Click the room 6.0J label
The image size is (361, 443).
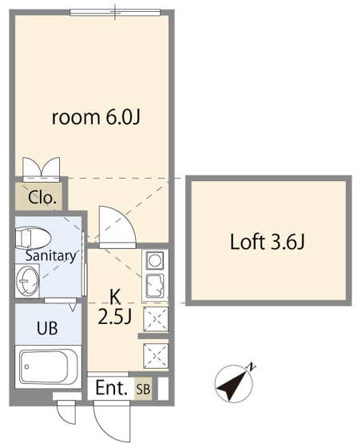[x=96, y=117]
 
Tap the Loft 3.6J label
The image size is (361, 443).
[x=267, y=242]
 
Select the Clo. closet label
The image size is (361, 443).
[x=42, y=197]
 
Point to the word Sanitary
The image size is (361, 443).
[x=51, y=256]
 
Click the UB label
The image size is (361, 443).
[x=47, y=328]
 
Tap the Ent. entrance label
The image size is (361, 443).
[x=112, y=388]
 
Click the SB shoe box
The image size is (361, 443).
[x=143, y=389]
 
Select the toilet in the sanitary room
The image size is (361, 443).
[x=33, y=239]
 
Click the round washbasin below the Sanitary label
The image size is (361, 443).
[x=27, y=281]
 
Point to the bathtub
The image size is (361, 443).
[x=49, y=366]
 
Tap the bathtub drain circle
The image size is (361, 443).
[x=27, y=366]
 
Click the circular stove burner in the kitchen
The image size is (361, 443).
[x=155, y=260]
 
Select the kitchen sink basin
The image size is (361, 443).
[x=155, y=286]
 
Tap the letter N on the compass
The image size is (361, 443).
[x=251, y=366]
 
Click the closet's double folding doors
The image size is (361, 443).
[x=42, y=169]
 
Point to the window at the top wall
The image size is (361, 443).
[x=115, y=13]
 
